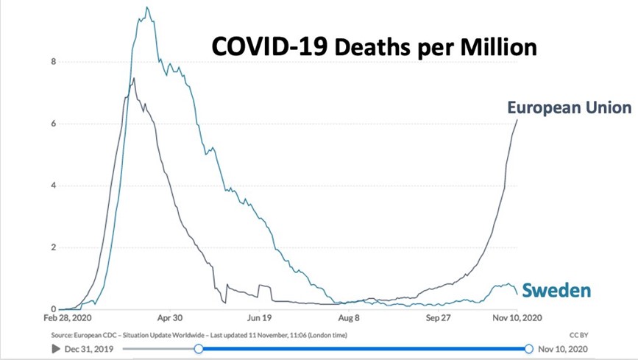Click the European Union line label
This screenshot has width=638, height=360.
tap(569, 108)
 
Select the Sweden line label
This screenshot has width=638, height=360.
tap(556, 290)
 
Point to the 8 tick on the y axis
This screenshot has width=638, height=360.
tap(53, 62)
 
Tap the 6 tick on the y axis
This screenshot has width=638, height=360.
tap(53, 124)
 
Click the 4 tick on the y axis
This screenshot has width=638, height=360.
tap(53, 186)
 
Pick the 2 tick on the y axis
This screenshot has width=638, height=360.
tap(53, 247)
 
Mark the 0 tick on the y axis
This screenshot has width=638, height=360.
tap(53, 309)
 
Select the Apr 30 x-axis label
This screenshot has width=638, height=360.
tap(170, 320)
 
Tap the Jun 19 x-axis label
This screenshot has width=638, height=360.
tap(260, 320)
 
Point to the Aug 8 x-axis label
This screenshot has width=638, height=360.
tap(349, 320)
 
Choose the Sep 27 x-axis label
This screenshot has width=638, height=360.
tap(439, 320)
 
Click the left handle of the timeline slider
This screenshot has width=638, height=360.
tap(198, 348)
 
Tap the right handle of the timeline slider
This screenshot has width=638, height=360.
tap(528, 348)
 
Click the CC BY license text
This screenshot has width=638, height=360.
tap(580, 335)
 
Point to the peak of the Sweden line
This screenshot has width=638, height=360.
tap(148, 8)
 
